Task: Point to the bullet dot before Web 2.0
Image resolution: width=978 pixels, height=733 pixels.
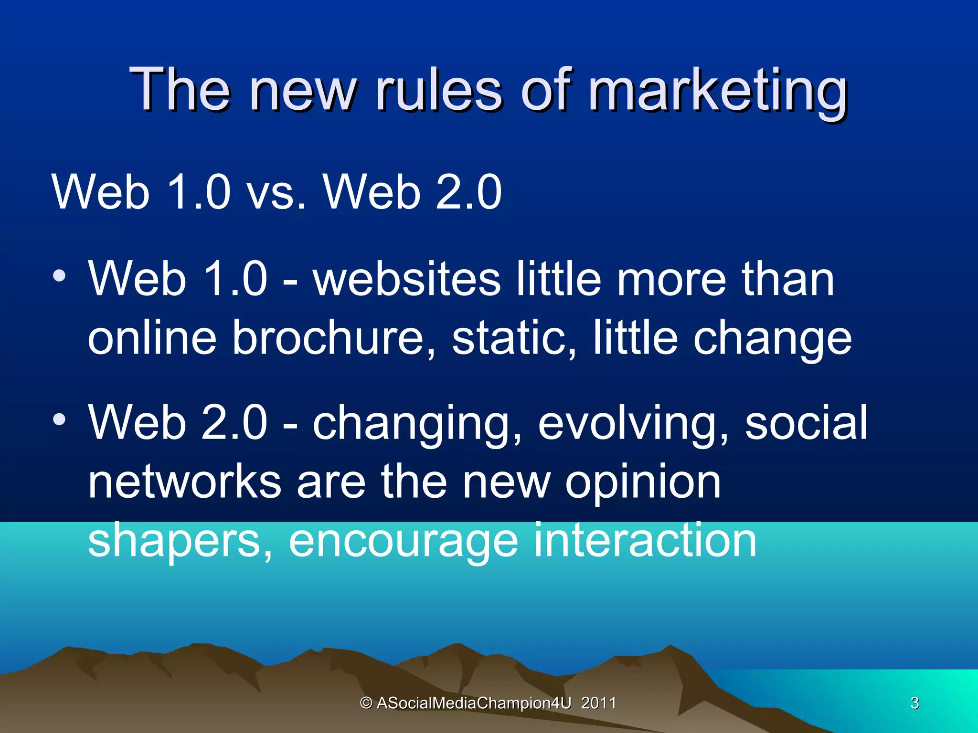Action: (x=59, y=420)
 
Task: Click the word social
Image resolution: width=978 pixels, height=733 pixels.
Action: (x=806, y=422)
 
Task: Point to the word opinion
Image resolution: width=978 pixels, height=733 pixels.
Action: (x=643, y=483)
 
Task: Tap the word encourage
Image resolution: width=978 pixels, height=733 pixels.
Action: (x=403, y=542)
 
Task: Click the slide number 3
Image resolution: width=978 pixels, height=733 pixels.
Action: (x=914, y=703)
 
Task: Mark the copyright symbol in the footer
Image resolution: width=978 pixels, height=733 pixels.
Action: (x=366, y=703)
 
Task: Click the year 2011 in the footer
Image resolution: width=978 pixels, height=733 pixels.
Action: (x=598, y=703)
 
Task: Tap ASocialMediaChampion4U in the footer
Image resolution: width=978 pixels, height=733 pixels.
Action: (x=474, y=703)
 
